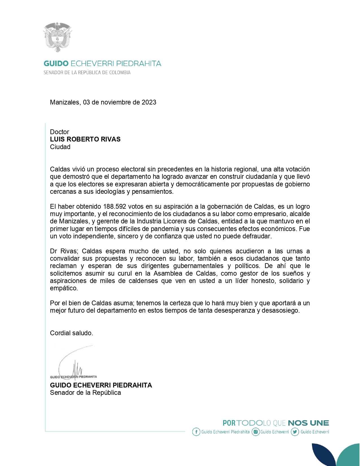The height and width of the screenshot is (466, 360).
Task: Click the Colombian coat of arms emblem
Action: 57,37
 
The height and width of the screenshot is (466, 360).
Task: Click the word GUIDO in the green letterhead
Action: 56,64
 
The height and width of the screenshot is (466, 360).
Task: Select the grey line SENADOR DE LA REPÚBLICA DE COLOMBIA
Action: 87,73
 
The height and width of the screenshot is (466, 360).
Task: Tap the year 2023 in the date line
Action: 149,102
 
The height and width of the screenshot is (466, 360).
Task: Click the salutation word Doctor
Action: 59,132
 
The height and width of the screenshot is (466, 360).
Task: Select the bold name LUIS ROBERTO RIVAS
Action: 85,139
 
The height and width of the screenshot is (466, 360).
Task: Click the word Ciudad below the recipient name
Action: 60,147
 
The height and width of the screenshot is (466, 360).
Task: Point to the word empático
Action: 64,288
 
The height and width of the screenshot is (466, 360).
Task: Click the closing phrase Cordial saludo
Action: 71,333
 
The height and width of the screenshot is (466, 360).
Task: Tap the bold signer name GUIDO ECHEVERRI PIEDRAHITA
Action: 101,385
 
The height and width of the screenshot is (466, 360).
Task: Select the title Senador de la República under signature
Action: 85,393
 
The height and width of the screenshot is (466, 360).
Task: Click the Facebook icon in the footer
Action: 196,432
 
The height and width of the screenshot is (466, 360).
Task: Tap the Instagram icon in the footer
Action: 256,432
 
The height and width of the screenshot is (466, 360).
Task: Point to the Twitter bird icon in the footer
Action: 295,432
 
